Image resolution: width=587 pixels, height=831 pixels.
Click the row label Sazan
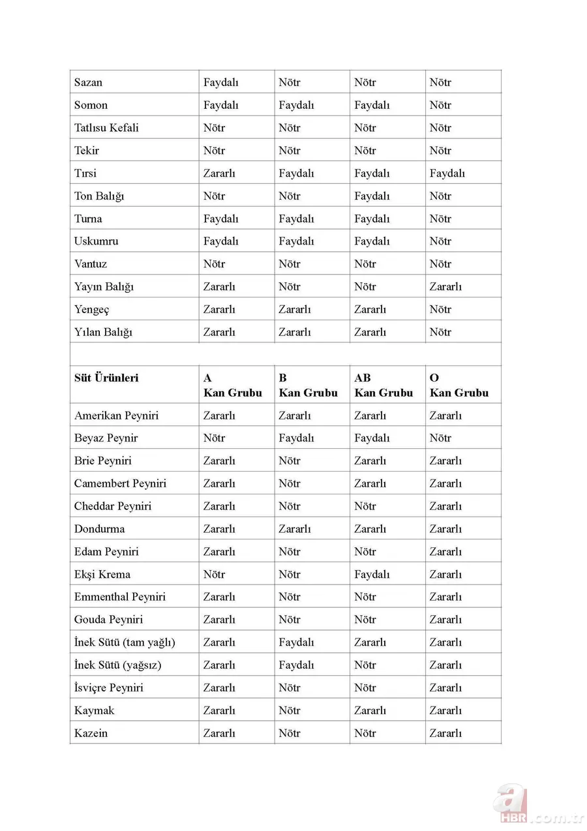pyautogui.click(x=88, y=82)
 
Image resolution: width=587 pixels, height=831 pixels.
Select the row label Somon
pyautogui.click(x=91, y=105)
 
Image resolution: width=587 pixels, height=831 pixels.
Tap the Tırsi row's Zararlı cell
pyautogui.click(x=219, y=173)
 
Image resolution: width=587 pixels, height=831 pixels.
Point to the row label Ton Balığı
pyautogui.click(x=99, y=196)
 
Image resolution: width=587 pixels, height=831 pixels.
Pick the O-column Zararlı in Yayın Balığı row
pyautogui.click(x=445, y=286)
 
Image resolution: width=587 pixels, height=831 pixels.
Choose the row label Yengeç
pyautogui.click(x=92, y=309)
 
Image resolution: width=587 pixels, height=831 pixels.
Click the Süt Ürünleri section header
pyautogui.click(x=106, y=378)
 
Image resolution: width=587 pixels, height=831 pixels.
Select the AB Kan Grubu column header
pyautogui.click(x=384, y=385)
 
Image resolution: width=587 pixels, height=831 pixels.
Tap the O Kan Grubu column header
pyautogui.click(x=459, y=385)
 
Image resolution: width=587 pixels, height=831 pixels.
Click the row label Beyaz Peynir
pyautogui.click(x=106, y=438)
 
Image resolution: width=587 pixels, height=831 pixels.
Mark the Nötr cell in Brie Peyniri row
pyautogui.click(x=290, y=461)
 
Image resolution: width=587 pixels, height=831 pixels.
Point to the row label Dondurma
pyautogui.click(x=100, y=528)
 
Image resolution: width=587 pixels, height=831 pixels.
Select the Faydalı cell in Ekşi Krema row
pyautogui.click(x=372, y=574)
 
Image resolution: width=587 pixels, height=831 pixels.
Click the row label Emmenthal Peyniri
pyautogui.click(x=120, y=597)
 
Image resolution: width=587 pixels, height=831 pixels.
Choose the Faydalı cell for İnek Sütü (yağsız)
pyautogui.click(x=296, y=665)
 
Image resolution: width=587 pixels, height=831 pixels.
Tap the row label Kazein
pyautogui.click(x=91, y=733)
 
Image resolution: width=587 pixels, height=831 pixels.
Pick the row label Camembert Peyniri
pyautogui.click(x=121, y=483)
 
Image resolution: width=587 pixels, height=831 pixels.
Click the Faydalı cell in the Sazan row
pyautogui.click(x=220, y=82)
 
